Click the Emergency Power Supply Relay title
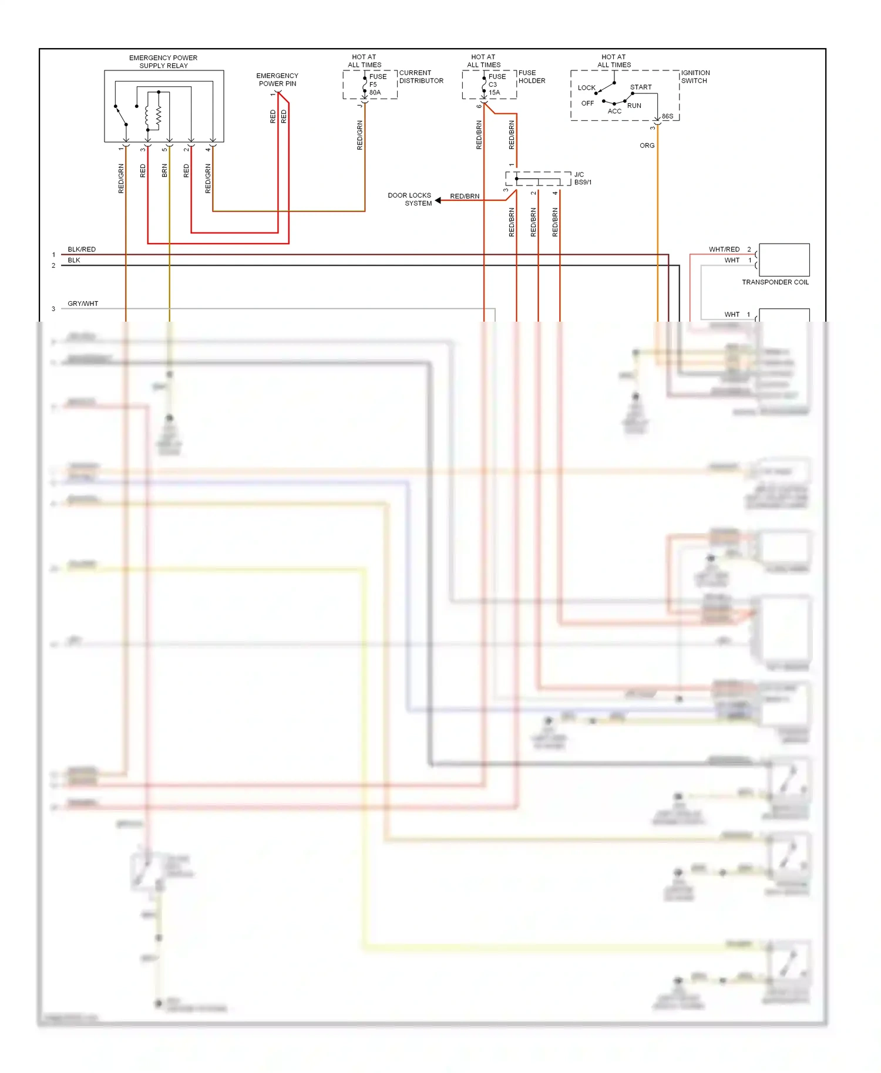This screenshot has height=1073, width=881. coord(163,62)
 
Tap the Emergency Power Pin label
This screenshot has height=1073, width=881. coord(277,80)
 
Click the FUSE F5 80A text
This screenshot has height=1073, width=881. coord(376,85)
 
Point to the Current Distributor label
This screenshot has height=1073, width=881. coord(421,77)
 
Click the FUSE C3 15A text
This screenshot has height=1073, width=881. coord(496,85)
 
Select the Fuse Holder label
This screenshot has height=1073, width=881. coord(532,77)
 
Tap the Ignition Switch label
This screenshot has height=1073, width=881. coord(695,77)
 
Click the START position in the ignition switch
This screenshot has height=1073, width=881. coord(641,87)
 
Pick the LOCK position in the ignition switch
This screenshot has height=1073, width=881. coord(586,88)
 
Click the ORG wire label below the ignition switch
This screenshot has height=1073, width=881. coord(647,146)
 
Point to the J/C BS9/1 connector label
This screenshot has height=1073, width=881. coord(583,178)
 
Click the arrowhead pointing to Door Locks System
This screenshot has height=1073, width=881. coord(438,200)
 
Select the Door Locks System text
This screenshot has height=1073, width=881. coord(410,200)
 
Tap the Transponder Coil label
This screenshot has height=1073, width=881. coord(775,282)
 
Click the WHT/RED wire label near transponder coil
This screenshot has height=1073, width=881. coord(724,249)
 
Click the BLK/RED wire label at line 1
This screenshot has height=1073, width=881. coord(82,249)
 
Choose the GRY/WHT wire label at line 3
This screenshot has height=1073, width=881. coord(83,303)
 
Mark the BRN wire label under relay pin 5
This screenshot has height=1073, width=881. coord(164,171)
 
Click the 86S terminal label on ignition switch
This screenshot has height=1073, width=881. coord(667,116)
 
